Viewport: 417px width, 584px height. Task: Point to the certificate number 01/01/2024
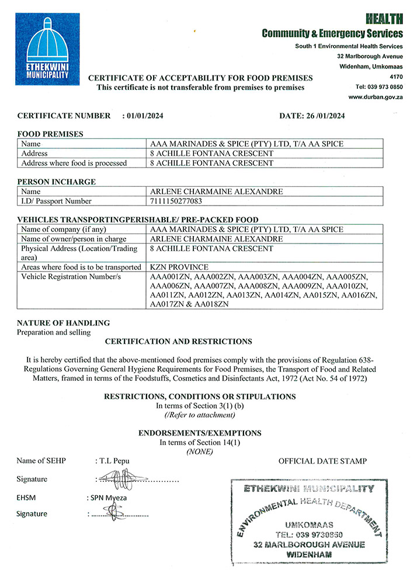pos(145,116)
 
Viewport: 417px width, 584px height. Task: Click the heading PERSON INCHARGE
pos(56,182)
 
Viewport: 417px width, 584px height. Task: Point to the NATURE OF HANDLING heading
pos(63,323)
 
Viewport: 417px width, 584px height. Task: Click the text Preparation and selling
pos(54,332)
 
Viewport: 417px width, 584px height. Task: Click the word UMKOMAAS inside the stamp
pos(308,524)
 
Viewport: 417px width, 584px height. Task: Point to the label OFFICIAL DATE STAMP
pos(322,461)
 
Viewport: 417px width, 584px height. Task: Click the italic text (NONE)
pos(199,452)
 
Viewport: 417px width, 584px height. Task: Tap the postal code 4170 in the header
pos(395,77)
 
